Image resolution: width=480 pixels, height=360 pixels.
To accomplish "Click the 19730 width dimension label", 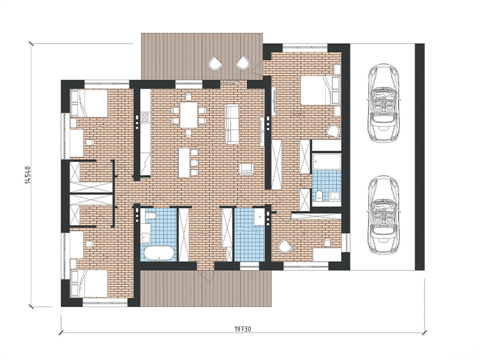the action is coord(243,335).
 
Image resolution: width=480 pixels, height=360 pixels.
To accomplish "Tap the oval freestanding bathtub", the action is coord(159,253).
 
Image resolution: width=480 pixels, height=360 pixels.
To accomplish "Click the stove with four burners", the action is coord(145,117).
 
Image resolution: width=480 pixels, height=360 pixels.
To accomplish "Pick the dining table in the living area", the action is coord(189,115).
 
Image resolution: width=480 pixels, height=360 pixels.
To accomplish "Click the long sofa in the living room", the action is coord(232,124).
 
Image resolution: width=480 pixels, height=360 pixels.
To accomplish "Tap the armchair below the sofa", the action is coord(247,169).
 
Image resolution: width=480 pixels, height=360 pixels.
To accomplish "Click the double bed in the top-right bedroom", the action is coord(320,90).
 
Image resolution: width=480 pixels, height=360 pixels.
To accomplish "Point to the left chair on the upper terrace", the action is coord(215,63).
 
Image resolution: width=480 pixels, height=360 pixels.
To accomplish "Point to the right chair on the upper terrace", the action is coord(243,63).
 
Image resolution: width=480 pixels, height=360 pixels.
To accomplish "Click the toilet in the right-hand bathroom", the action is coord(319,196).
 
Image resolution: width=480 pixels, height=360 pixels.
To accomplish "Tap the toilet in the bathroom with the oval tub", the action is coord(151,216).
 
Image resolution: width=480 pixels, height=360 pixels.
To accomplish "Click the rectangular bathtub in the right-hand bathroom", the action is coord(327,161).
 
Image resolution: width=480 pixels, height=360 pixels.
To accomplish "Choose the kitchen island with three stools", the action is coord(184,163).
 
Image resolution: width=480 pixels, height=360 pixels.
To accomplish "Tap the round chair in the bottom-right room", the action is coord(285,246).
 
